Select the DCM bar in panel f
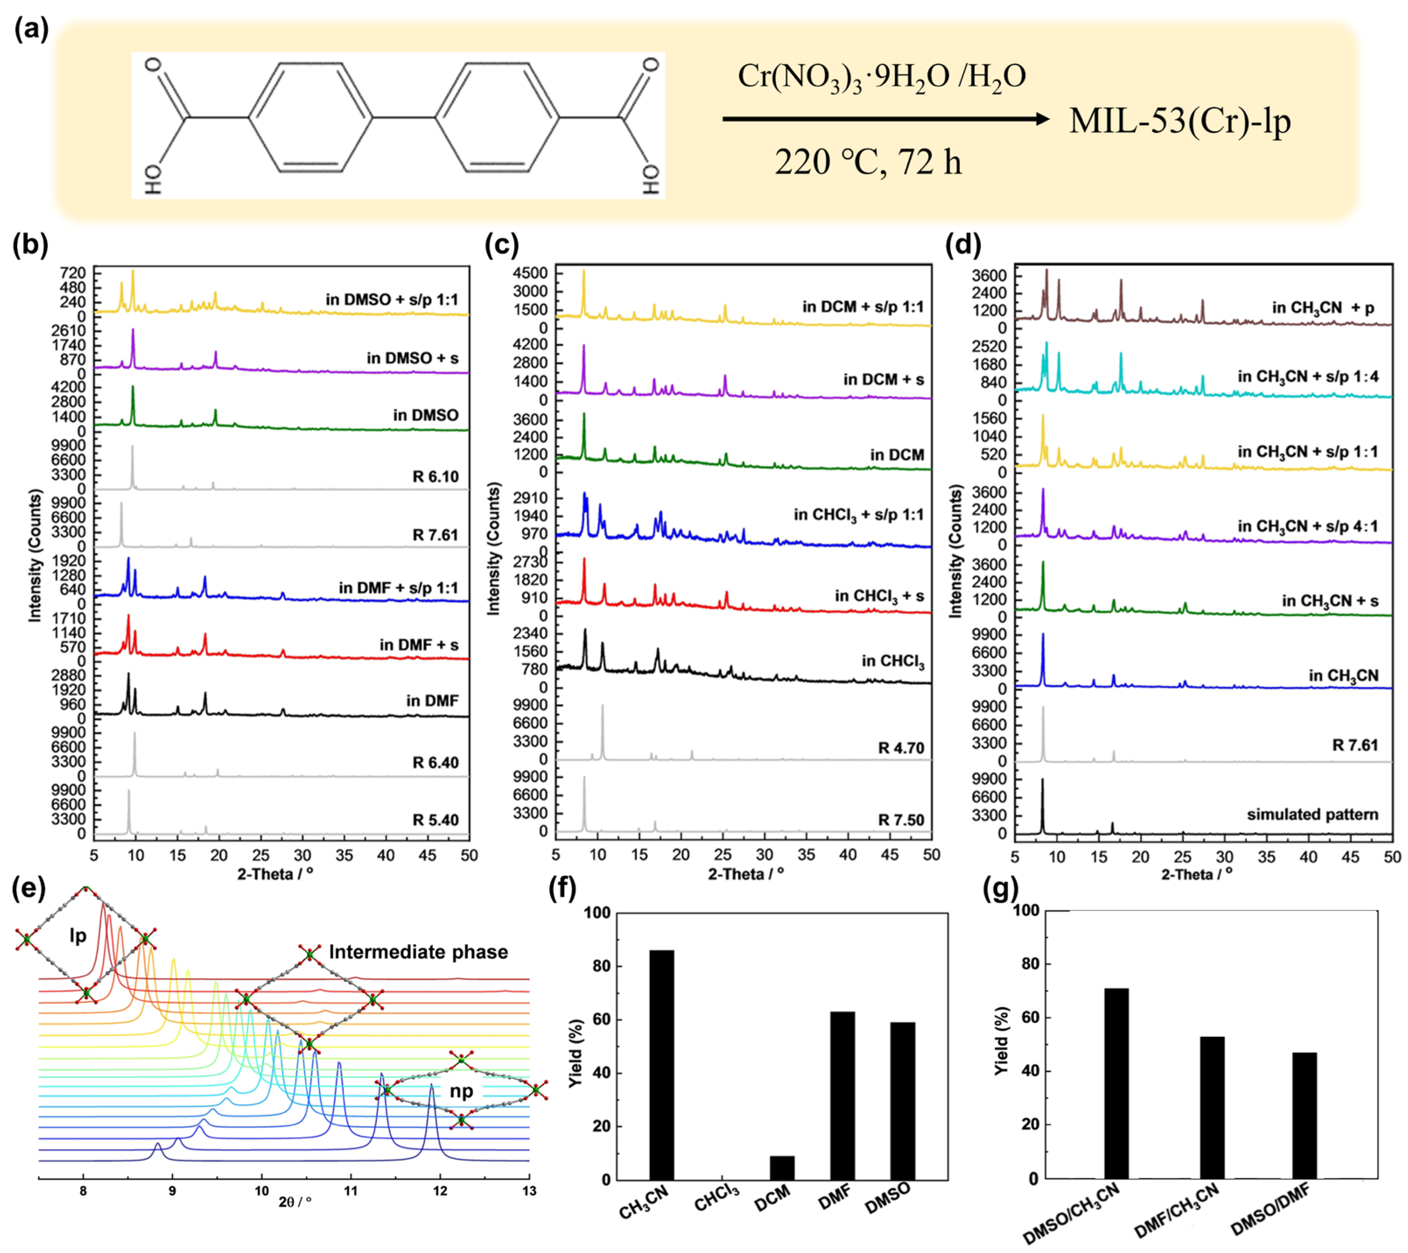[782, 1168]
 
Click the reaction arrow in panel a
[886, 119]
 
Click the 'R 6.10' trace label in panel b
[435, 477]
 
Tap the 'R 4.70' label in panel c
[901, 748]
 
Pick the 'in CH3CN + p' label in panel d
[1323, 309]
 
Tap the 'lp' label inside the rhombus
[78, 935]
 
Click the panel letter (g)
[1000, 890]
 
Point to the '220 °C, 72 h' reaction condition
[868, 162]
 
